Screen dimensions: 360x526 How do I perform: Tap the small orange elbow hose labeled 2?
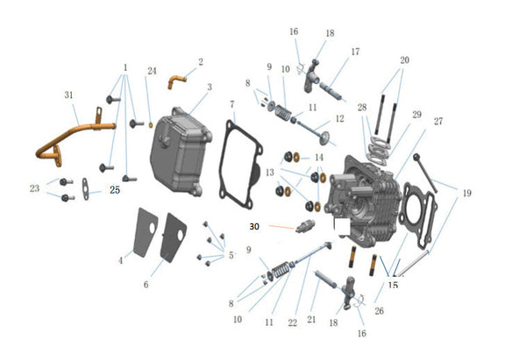click(x=180, y=80)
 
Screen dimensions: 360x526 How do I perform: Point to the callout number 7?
click(x=231, y=105)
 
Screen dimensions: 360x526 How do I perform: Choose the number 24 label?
click(x=152, y=70)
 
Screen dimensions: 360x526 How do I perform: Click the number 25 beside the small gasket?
click(x=115, y=188)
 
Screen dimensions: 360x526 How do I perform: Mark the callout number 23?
click(x=34, y=187)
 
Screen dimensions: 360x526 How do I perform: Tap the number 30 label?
click(x=254, y=226)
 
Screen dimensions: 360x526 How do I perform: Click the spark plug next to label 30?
click(x=305, y=229)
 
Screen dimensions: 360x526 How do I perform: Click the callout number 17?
click(x=355, y=52)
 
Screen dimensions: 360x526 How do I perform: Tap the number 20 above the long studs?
click(x=404, y=60)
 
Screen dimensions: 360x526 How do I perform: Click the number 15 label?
click(x=393, y=285)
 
